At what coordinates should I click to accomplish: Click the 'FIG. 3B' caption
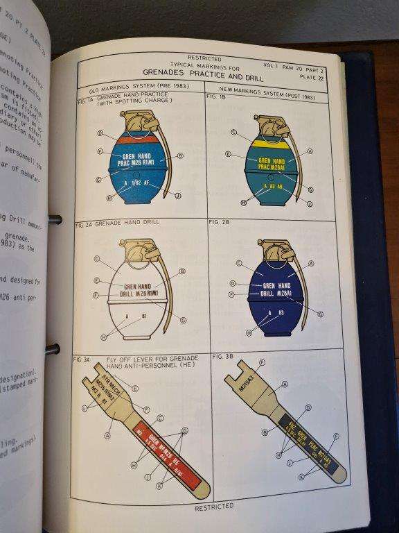tap(222, 356)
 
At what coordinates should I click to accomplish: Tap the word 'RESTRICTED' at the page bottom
tap(214, 507)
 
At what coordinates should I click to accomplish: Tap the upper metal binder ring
tap(53, 219)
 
